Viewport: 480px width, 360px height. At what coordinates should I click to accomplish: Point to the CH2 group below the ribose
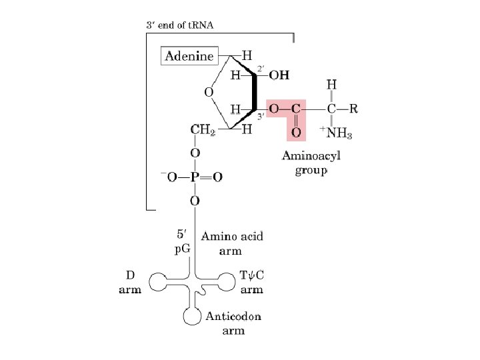203,129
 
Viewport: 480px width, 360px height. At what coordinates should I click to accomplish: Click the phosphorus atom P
195,177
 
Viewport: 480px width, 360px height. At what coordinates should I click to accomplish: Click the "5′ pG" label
182,242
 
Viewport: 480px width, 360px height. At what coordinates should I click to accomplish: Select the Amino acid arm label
232,243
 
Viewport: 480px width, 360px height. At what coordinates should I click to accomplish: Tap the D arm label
130,281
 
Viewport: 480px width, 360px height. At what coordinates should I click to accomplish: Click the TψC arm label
251,281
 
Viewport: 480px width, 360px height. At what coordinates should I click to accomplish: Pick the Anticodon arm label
233,323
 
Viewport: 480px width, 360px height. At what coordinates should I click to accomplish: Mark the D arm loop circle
159,283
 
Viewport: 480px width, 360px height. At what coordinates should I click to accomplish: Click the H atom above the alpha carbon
331,85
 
